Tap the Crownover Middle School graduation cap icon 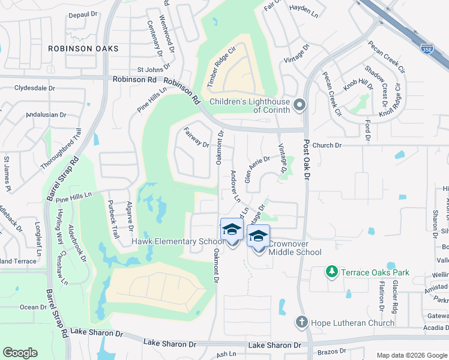point(258,236)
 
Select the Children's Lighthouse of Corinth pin point(300,106)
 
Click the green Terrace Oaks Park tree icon point(331,272)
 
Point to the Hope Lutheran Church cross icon point(301,323)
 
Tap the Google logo point(20,353)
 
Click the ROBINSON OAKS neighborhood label point(85,48)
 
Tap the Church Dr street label point(327,145)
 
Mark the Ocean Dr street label point(34,307)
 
